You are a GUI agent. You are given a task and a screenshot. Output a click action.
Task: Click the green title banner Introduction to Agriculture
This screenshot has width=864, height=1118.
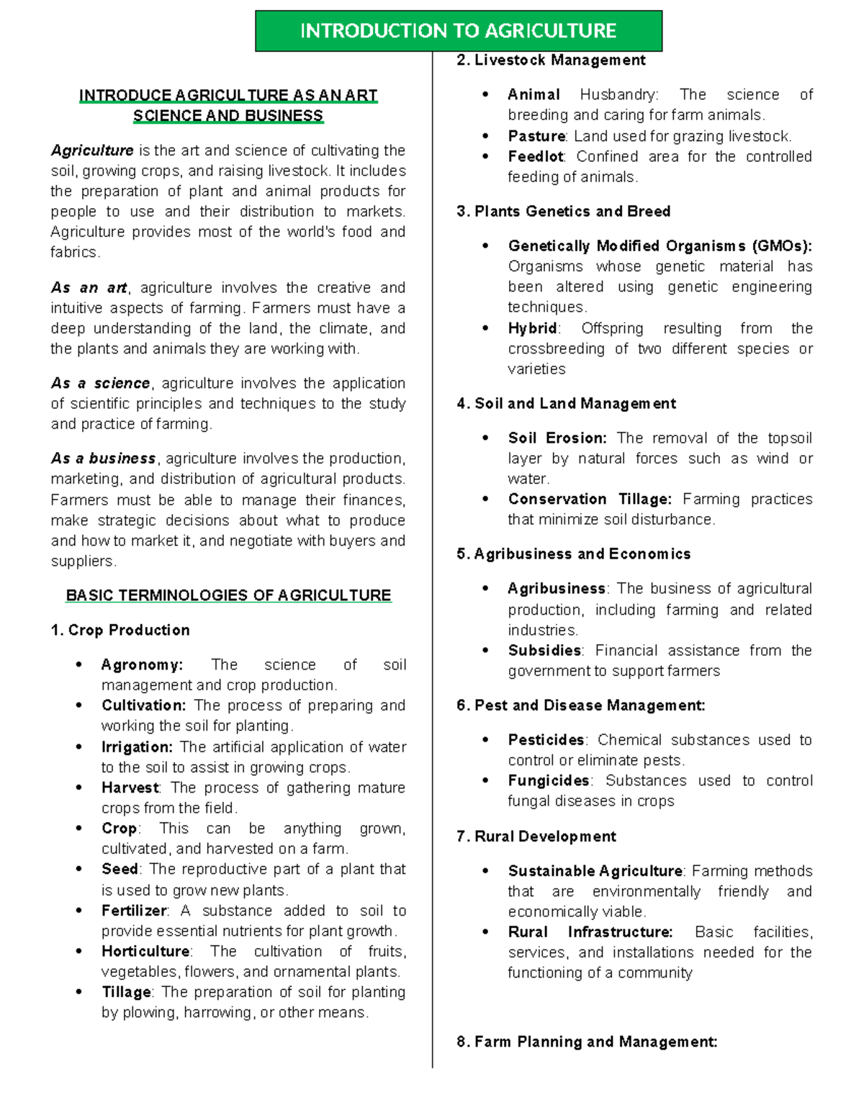point(459,31)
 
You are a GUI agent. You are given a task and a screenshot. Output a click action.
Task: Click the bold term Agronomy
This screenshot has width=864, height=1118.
point(142,664)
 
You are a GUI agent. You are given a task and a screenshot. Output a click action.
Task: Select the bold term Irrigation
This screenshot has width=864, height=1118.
point(137,747)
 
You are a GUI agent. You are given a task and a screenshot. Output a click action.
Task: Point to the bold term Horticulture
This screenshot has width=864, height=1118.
point(145,951)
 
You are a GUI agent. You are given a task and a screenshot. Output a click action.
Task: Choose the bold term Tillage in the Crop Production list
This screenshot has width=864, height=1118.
point(127,992)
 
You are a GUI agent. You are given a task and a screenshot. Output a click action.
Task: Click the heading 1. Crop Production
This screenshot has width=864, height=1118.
point(120,630)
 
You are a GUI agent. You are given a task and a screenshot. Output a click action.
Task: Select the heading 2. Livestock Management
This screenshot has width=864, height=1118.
point(551,60)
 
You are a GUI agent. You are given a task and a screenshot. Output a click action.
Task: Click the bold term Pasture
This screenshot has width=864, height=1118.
point(536,136)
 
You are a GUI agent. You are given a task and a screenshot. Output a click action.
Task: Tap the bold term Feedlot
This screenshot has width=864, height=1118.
point(536,156)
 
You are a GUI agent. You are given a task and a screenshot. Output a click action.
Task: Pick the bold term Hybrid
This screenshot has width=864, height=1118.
point(533,328)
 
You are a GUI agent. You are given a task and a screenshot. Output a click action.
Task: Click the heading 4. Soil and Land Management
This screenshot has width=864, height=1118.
point(566,403)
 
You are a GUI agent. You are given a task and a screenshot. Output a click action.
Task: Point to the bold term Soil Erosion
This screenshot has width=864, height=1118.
point(557,438)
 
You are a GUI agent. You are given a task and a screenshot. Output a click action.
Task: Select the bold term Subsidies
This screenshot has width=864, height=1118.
point(544,650)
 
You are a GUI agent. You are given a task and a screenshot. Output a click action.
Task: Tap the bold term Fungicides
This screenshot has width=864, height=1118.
point(549,780)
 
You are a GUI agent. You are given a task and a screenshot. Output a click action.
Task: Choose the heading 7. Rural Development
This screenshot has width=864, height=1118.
point(536,836)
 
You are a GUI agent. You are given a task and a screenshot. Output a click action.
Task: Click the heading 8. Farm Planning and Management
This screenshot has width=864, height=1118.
point(587,1041)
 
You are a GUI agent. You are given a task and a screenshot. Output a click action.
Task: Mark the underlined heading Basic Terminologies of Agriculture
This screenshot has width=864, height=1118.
point(228,595)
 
